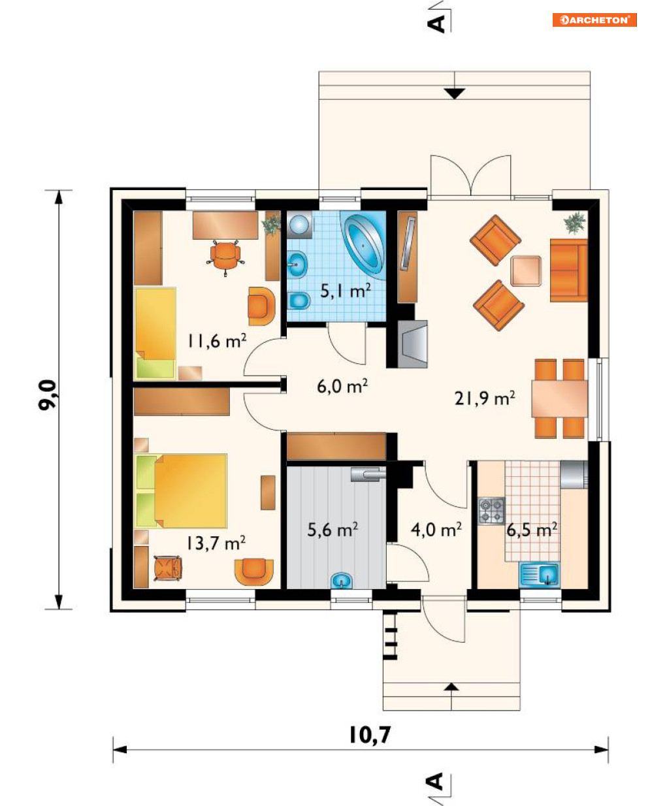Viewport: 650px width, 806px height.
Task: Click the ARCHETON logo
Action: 594,20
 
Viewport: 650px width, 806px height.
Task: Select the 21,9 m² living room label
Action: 485,398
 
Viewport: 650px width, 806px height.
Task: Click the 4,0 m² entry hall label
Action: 436,529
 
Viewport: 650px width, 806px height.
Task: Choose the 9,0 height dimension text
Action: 48,395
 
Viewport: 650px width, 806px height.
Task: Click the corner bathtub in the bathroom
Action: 365,245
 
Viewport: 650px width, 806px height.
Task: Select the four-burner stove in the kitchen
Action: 492,511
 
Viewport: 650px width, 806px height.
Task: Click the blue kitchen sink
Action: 539,574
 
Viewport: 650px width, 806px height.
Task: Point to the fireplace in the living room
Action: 412,344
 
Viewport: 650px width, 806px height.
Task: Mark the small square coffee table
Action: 526,271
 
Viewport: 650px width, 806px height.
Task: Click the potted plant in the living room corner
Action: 574,223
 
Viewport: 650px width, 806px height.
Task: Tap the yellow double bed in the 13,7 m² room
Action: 182,491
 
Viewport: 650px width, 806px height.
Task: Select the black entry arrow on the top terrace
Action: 455,93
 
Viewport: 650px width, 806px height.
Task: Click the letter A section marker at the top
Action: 436,24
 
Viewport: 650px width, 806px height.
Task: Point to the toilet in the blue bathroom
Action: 299,300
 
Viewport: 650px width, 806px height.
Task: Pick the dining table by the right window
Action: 559,398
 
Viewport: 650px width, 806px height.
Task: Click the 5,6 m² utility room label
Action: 333,530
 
